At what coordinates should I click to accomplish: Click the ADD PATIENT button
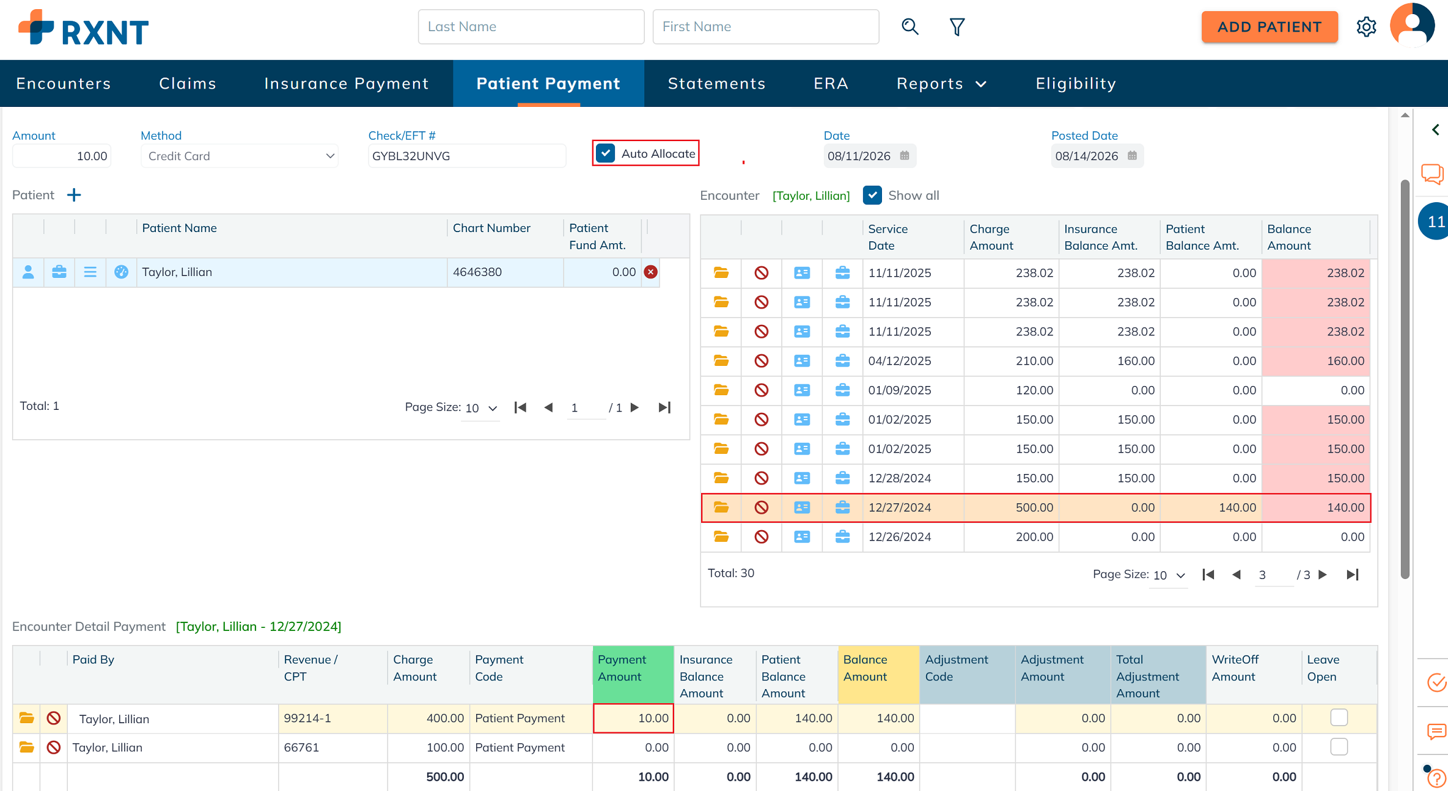tap(1269, 27)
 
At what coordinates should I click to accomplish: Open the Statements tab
tap(716, 83)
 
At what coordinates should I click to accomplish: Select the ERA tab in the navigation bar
tap(831, 83)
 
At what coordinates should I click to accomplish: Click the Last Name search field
tap(531, 27)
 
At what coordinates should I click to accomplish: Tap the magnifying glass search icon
tap(910, 27)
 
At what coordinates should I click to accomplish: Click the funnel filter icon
tap(957, 27)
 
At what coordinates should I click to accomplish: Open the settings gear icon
tap(1366, 27)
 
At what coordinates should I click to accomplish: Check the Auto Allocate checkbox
tap(606, 153)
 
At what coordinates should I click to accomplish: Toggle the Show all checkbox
tap(872, 195)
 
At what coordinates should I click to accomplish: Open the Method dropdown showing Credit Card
tap(240, 156)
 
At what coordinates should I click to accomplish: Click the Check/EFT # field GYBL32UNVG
tap(466, 156)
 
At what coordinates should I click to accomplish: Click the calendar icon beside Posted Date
tap(1132, 156)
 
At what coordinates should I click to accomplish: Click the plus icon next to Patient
tap(74, 195)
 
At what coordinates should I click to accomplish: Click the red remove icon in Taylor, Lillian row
tap(650, 272)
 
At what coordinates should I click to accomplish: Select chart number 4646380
tap(477, 272)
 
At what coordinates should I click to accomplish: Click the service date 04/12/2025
tap(899, 361)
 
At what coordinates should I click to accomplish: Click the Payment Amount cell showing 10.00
tap(633, 718)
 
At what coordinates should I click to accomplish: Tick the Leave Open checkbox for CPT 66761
tap(1339, 747)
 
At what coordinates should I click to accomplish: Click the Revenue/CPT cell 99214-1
tap(307, 718)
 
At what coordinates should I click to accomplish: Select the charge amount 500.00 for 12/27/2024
tap(1034, 508)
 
